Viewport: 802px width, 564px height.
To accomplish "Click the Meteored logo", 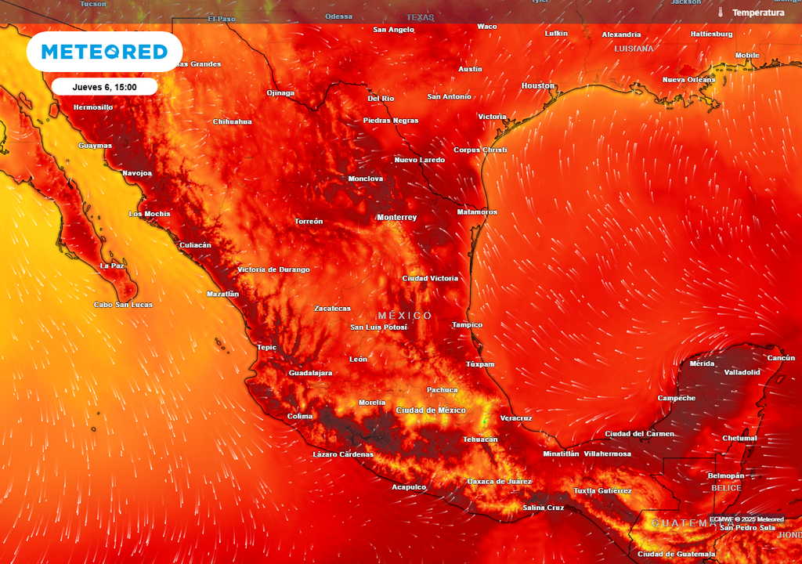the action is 104,52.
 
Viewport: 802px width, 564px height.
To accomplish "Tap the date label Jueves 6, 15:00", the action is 104,87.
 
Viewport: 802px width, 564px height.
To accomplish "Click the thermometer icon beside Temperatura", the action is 720,13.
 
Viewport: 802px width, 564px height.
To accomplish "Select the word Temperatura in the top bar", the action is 757,13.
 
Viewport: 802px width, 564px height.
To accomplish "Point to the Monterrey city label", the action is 396,217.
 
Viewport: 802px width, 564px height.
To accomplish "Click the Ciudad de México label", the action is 431,410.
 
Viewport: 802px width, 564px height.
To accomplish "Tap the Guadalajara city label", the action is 310,373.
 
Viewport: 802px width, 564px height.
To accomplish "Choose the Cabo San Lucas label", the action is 123,305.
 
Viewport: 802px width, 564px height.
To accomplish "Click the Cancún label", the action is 781,358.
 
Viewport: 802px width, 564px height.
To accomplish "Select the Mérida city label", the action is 702,363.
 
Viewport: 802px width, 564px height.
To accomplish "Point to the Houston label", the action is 537,85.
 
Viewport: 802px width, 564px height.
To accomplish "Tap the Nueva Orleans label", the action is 688,80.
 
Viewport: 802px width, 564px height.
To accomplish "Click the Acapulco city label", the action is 409,487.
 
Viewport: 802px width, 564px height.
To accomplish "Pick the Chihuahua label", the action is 233,121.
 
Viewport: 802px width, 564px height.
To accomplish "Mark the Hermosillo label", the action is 92,107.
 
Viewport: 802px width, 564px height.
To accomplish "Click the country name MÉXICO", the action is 404,316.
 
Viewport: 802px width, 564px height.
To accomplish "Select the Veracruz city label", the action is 515,418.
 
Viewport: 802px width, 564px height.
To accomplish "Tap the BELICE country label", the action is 726,488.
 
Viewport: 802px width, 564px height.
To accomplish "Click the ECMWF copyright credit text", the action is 746,519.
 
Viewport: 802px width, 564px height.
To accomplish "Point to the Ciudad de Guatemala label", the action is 676,554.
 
